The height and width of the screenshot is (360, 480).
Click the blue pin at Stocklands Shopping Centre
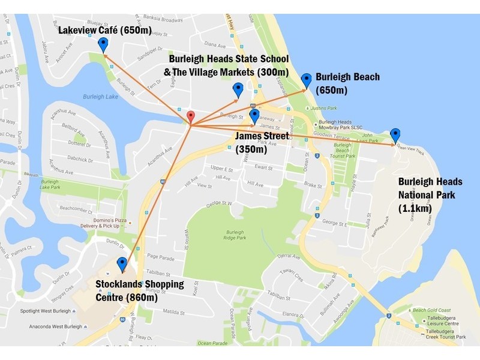click(122, 265)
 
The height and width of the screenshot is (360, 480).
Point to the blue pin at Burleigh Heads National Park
click(395, 135)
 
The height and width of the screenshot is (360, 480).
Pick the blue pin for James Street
click(254, 116)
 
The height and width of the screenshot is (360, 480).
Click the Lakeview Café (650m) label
click(105, 29)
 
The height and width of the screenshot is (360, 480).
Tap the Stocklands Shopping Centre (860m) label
click(140, 290)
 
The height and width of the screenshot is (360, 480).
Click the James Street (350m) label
click(262, 143)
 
